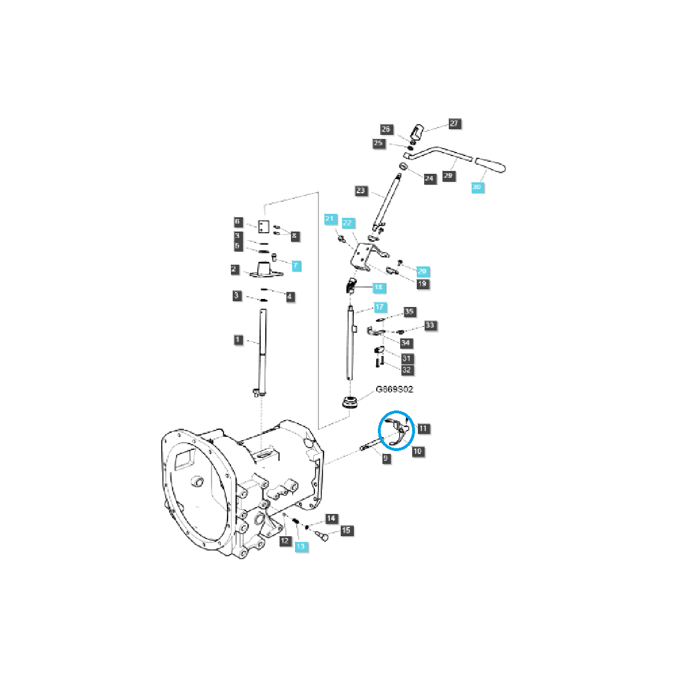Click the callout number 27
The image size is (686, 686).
click(x=454, y=123)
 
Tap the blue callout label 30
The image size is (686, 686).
click(x=477, y=188)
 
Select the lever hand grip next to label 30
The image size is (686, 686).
click(x=491, y=165)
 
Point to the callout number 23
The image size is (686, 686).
click(x=361, y=190)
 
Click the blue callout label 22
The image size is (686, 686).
click(x=347, y=223)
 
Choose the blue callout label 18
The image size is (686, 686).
click(x=378, y=288)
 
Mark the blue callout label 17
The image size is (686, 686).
click(x=380, y=308)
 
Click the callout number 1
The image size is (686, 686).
click(x=238, y=340)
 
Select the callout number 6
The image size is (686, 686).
click(x=238, y=222)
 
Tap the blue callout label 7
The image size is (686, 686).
click(x=296, y=266)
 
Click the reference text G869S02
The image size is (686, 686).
click(x=394, y=389)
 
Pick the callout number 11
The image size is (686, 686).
click(x=422, y=428)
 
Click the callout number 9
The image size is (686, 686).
click(x=387, y=458)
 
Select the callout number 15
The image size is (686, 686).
click(x=346, y=531)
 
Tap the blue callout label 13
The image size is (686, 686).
click(x=301, y=547)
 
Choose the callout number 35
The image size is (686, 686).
click(x=409, y=312)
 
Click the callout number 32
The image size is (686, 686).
click(x=406, y=370)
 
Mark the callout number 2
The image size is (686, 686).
click(x=234, y=269)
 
